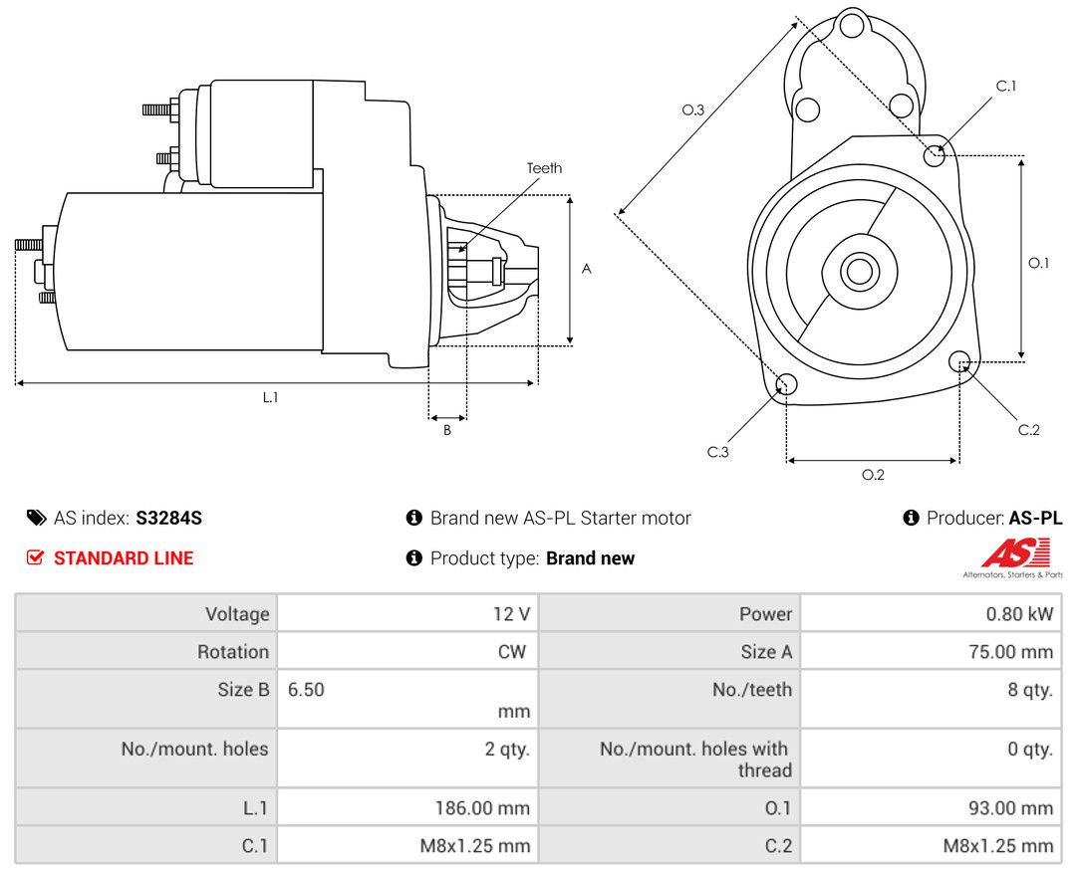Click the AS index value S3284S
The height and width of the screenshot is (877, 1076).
pyautogui.click(x=168, y=518)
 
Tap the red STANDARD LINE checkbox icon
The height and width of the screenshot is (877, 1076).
pyautogui.click(x=35, y=557)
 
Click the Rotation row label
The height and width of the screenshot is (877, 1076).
pyautogui.click(x=232, y=651)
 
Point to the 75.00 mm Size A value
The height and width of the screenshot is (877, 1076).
pyautogui.click(x=1011, y=651)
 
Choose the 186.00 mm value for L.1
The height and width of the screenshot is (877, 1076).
pyautogui.click(x=482, y=807)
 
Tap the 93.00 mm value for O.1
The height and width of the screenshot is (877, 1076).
pyautogui.click(x=1011, y=807)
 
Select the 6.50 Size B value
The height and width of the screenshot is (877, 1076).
pyautogui.click(x=306, y=689)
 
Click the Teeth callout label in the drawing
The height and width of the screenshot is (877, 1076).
pyautogui.click(x=544, y=168)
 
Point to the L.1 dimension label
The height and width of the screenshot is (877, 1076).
pyautogui.click(x=270, y=397)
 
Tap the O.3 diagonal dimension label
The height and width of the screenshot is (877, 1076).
pyautogui.click(x=693, y=110)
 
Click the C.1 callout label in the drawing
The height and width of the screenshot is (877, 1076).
pyautogui.click(x=1006, y=86)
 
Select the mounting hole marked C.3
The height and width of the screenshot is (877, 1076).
pyautogui.click(x=786, y=384)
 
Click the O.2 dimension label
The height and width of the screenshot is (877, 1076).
pyautogui.click(x=873, y=475)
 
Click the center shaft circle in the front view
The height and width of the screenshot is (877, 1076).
pyautogui.click(x=859, y=271)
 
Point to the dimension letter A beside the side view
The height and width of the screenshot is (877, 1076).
pyautogui.click(x=586, y=269)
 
